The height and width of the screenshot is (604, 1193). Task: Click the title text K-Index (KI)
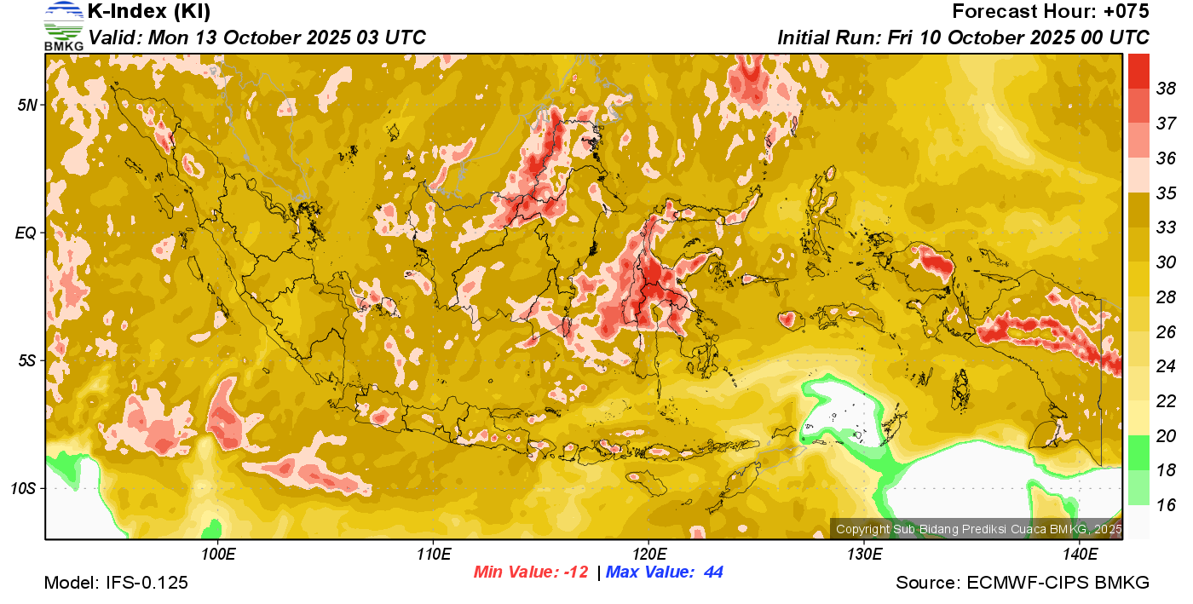pos(149,12)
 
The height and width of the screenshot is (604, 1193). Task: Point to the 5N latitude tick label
pos(28,105)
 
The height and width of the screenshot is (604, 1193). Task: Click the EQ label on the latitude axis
pos(27,233)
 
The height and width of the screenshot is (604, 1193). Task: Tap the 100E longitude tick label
pos(218,555)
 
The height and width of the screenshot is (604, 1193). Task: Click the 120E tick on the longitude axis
pos(648,555)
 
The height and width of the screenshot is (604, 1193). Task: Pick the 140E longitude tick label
pos(1080,555)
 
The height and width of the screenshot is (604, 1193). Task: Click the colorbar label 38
pos(1166,88)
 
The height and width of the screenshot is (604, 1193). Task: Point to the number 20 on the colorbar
pos(1166,436)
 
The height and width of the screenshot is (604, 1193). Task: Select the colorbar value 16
pos(1166,505)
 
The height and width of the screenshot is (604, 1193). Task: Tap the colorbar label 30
pos(1166,262)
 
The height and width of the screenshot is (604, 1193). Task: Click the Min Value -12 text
pos(531,572)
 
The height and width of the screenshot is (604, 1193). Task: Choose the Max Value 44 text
pos(665,572)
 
